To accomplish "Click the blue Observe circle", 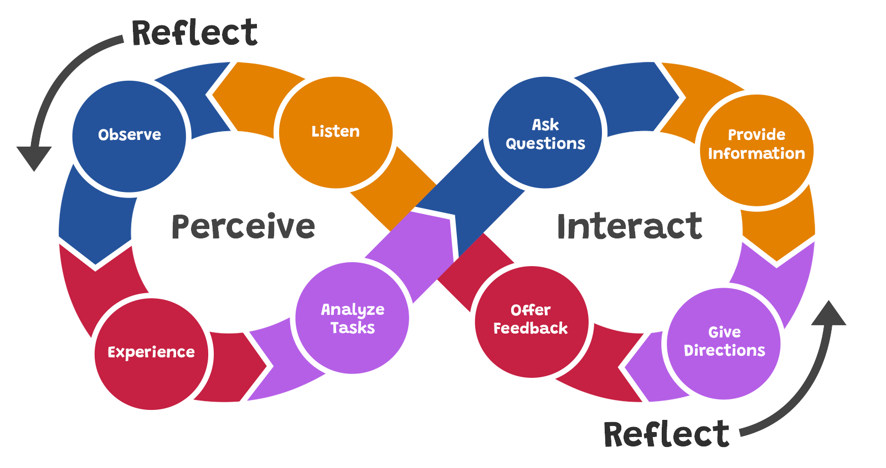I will pyautogui.click(x=129, y=136).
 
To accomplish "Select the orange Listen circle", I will pyautogui.click(x=336, y=132).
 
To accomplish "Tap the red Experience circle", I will pyautogui.click(x=151, y=353).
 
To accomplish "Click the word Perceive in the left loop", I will pyautogui.click(x=243, y=226).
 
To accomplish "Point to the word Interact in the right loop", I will pyautogui.click(x=629, y=226).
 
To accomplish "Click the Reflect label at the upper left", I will pyautogui.click(x=194, y=33).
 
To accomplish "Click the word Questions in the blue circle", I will pyautogui.click(x=545, y=144).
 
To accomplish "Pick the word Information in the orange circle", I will pyautogui.click(x=756, y=153).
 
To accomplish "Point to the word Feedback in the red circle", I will pyautogui.click(x=530, y=329).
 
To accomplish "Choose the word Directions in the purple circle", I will pyautogui.click(x=724, y=351).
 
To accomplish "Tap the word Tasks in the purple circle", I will pyautogui.click(x=353, y=328).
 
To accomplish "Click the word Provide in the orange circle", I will pyautogui.click(x=756, y=134).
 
